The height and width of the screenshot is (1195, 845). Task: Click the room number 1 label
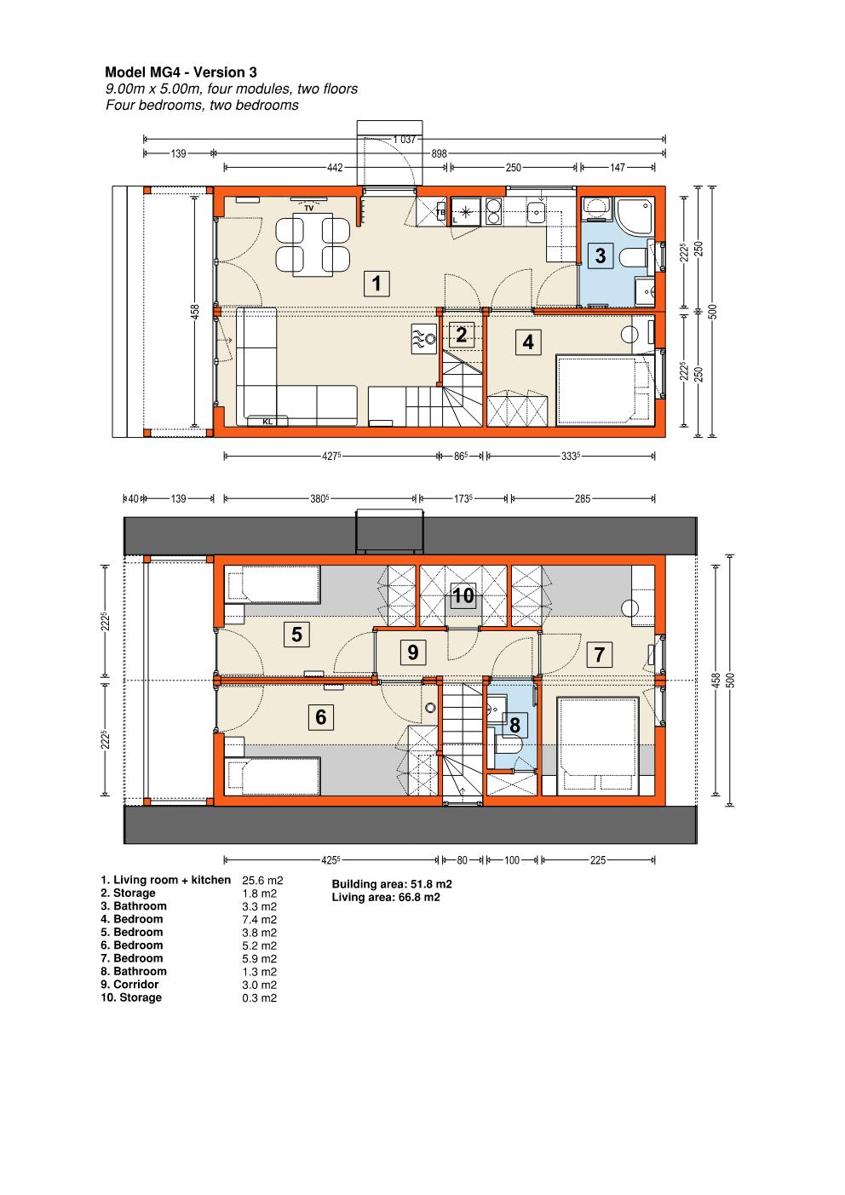click(377, 284)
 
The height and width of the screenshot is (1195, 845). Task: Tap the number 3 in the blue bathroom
click(601, 256)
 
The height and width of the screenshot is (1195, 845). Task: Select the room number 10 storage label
click(463, 595)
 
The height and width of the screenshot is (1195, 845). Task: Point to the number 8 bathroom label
click(514, 725)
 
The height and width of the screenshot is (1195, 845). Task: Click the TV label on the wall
click(309, 209)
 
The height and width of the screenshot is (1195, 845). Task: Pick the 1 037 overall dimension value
click(405, 140)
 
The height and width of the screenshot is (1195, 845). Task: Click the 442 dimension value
click(335, 168)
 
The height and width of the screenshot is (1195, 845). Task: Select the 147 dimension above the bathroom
click(618, 168)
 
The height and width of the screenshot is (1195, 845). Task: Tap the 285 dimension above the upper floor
click(583, 499)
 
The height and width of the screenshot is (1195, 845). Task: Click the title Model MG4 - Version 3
click(181, 72)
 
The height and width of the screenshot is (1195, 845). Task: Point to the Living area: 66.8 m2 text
click(386, 898)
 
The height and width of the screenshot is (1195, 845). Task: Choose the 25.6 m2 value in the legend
click(262, 880)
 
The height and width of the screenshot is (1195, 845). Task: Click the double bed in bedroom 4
click(606, 390)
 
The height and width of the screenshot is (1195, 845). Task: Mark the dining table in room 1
click(313, 244)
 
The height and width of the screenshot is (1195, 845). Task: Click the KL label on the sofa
click(267, 422)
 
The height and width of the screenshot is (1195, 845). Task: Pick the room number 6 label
click(320, 717)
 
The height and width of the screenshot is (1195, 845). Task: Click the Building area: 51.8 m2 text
click(392, 884)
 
